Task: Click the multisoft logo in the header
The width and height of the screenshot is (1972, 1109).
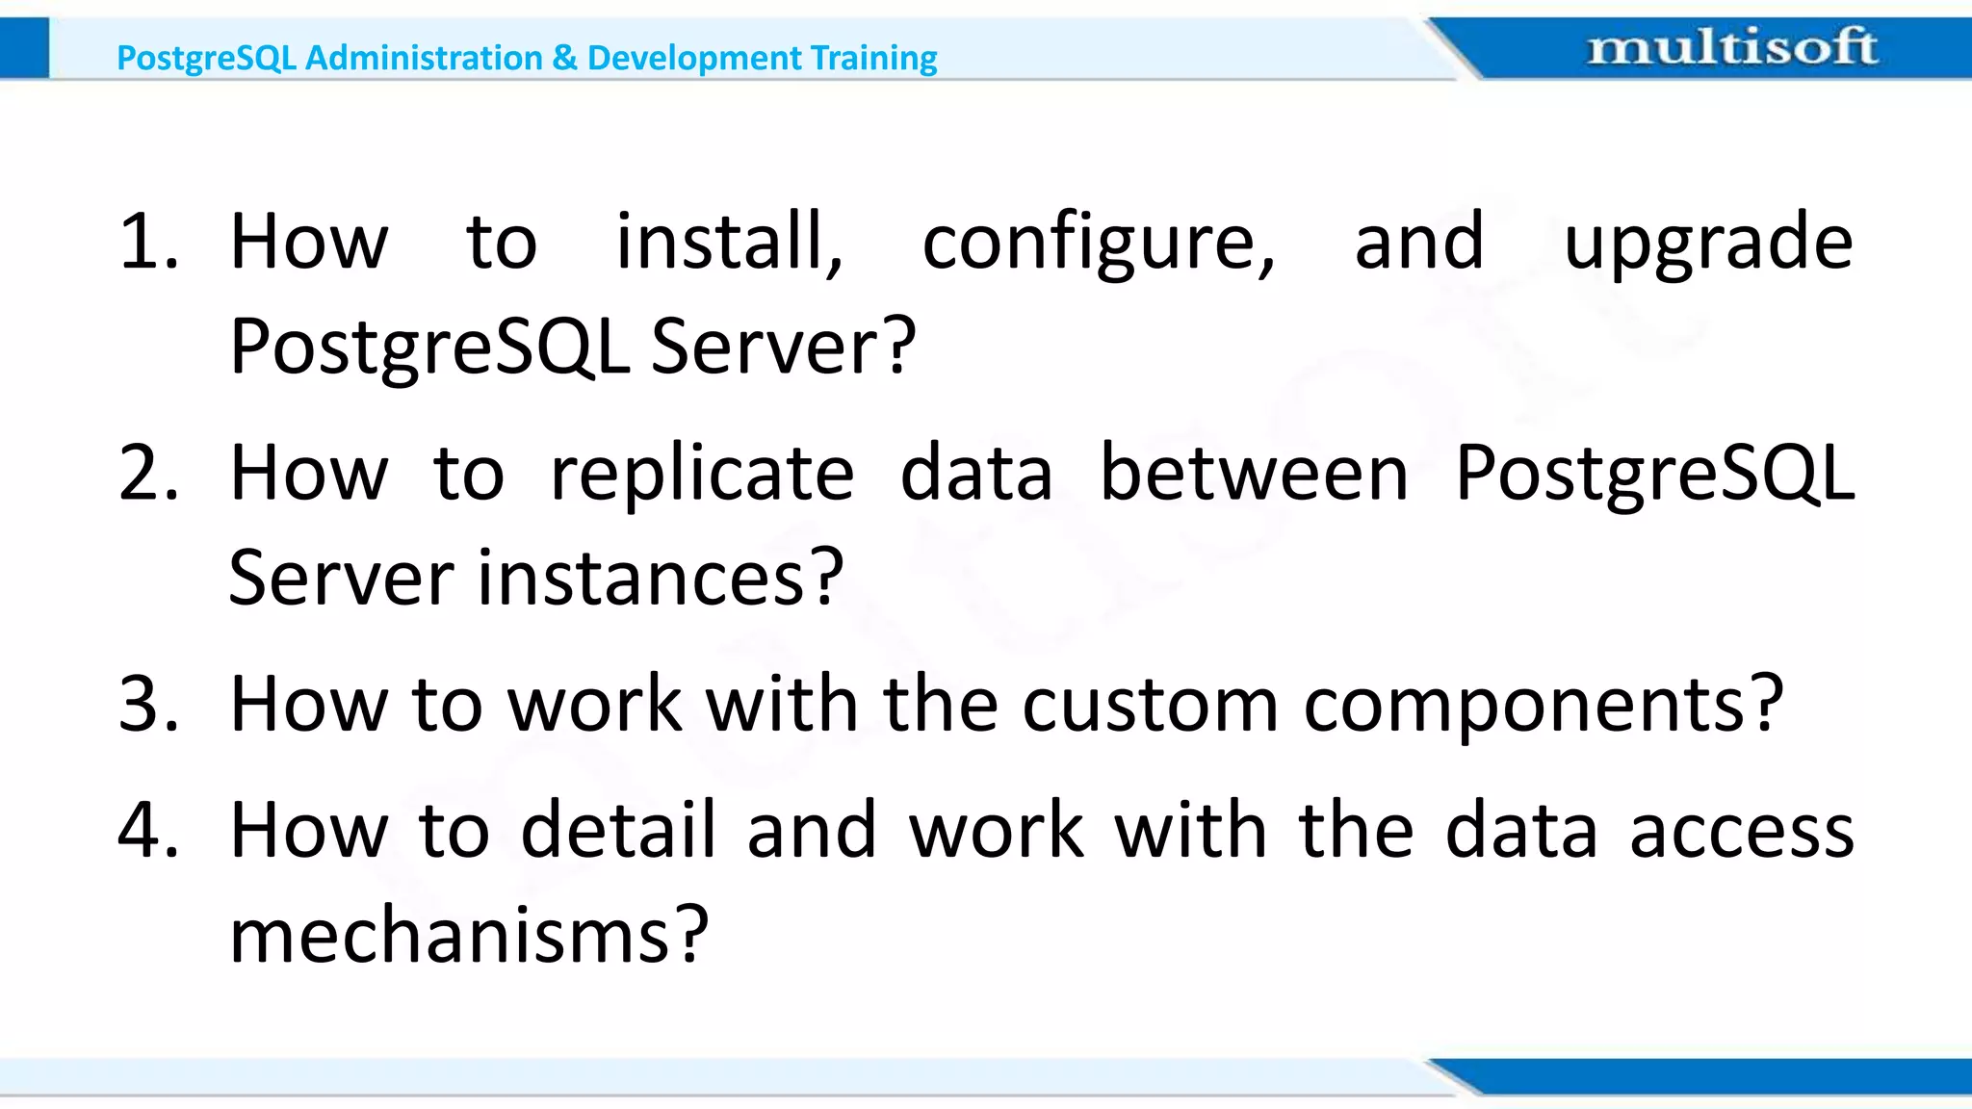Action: [1731, 47]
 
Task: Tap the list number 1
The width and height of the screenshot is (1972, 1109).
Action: [146, 241]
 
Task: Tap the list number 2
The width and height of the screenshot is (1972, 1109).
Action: [147, 473]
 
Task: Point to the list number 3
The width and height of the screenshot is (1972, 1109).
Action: [147, 704]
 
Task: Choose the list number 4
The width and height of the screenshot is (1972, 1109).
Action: [147, 830]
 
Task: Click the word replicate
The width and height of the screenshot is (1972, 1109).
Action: [701, 473]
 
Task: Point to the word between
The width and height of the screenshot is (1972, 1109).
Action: [1254, 473]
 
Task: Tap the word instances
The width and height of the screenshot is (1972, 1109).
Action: [641, 579]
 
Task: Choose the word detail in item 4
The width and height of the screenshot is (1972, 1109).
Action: [618, 829]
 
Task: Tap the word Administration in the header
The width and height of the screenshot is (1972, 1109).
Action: [424, 58]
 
